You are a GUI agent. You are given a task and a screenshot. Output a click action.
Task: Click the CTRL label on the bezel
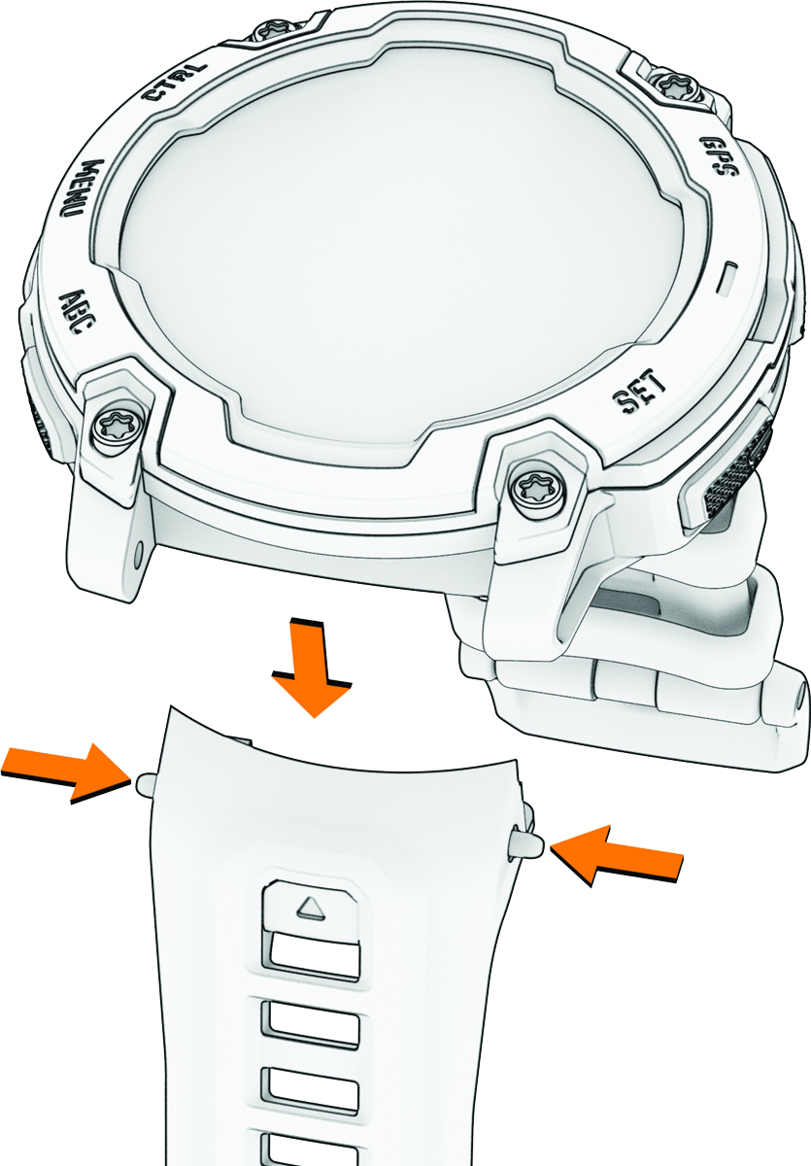pos(176,83)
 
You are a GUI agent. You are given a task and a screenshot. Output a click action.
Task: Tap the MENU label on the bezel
pos(74,189)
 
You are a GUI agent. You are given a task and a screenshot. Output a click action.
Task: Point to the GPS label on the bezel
pos(720,154)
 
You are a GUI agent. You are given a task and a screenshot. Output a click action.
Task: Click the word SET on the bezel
pos(640,392)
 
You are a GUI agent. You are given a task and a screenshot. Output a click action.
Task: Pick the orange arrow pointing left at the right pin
pos(618,854)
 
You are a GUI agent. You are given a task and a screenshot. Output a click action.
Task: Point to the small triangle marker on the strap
pos(312,908)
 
